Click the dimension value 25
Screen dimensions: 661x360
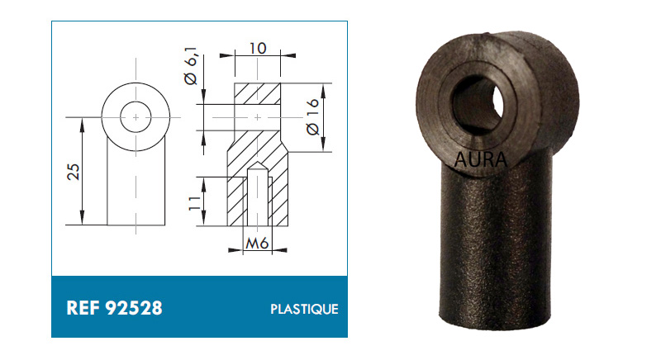pyautogui.click(x=74, y=172)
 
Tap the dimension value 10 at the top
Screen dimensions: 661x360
pyautogui.click(x=257, y=49)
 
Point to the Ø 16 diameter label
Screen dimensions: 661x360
pyautogui.click(x=312, y=117)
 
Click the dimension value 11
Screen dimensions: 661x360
pyautogui.click(x=194, y=203)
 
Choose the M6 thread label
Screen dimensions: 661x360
pyautogui.click(x=257, y=244)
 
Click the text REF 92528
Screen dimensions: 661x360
pyautogui.click(x=114, y=308)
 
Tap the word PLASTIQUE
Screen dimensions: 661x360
pyautogui.click(x=304, y=309)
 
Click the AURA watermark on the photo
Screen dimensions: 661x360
pyautogui.click(x=481, y=159)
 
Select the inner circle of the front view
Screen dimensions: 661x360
pyautogui.click(x=136, y=102)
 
